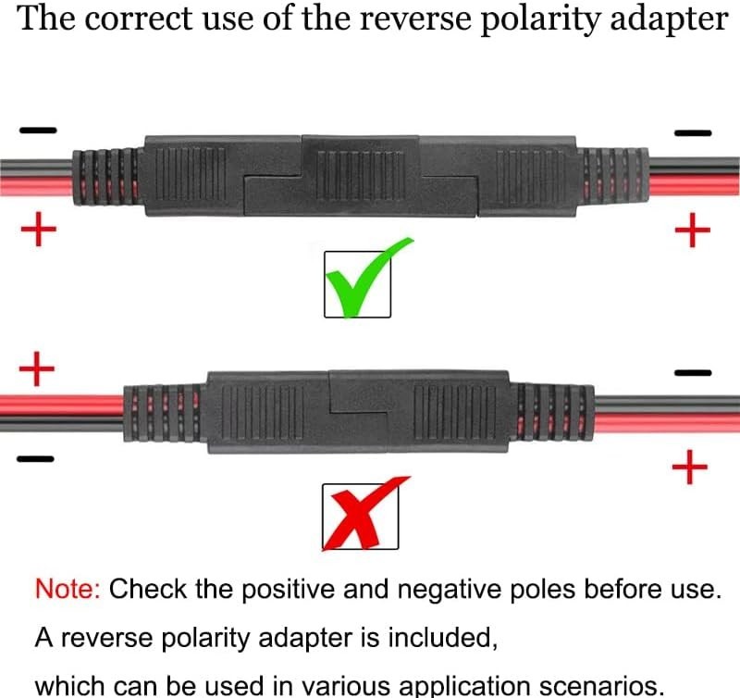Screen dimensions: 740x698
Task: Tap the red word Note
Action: coord(68,589)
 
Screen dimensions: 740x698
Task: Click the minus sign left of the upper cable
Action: coord(38,130)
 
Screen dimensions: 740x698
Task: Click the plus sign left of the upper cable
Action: coord(38,229)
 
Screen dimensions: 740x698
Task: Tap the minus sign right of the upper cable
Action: coord(692,132)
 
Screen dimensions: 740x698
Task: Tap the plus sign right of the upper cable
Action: coord(692,230)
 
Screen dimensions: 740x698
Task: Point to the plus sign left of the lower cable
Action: coord(37,368)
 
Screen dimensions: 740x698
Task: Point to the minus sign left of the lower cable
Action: coord(35,458)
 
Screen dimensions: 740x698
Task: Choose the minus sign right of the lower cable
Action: coord(693,373)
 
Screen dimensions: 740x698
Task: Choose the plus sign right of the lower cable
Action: coord(690,467)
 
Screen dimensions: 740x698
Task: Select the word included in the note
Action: coord(442,638)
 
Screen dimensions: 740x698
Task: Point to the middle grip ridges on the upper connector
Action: coord(361,175)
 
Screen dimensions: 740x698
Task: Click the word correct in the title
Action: coord(140,19)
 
